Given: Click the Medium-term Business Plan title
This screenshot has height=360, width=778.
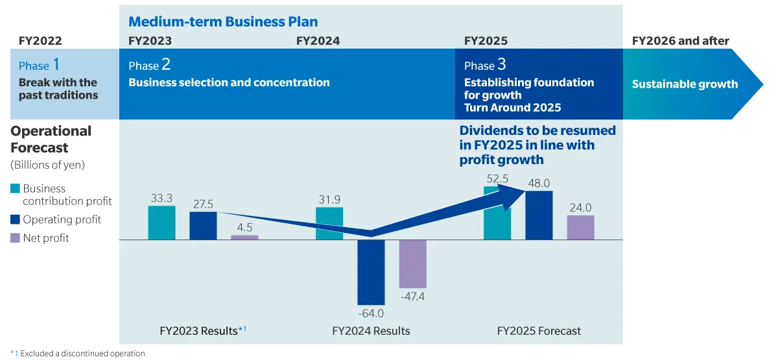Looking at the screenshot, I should pos(223,21).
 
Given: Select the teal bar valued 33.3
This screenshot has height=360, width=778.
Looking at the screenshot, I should pos(161,223).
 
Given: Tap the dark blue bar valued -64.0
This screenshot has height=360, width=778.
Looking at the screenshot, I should pos(371,272).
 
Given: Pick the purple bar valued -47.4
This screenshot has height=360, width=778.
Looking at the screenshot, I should pos(412,264).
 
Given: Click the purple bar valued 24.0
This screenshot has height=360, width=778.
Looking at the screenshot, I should pos(580,228).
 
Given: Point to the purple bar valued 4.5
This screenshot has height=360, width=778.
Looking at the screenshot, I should pos(244,237).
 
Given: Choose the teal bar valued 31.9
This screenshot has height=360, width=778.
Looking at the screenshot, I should pos(329,224).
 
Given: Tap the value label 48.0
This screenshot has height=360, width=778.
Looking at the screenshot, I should pos(539,184).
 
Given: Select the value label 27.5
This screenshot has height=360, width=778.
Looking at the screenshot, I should pos(203,203).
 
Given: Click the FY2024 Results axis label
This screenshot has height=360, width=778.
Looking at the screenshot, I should pos(371,331).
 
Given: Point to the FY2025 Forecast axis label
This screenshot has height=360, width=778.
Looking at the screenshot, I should pos(539,331).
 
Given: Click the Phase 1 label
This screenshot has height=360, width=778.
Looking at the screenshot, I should pos(40,66).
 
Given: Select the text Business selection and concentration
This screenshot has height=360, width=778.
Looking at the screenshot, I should pos(229,82).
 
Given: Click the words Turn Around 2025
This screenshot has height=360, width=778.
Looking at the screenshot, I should pos(512,107).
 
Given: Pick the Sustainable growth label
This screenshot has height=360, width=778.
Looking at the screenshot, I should pos(685,84).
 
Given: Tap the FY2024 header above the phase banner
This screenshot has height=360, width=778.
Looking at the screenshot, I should pos(318,41).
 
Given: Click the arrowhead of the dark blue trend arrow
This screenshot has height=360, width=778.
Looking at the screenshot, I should pos(515,189).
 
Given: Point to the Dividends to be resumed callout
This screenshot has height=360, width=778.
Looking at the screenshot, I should pos(537,145).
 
